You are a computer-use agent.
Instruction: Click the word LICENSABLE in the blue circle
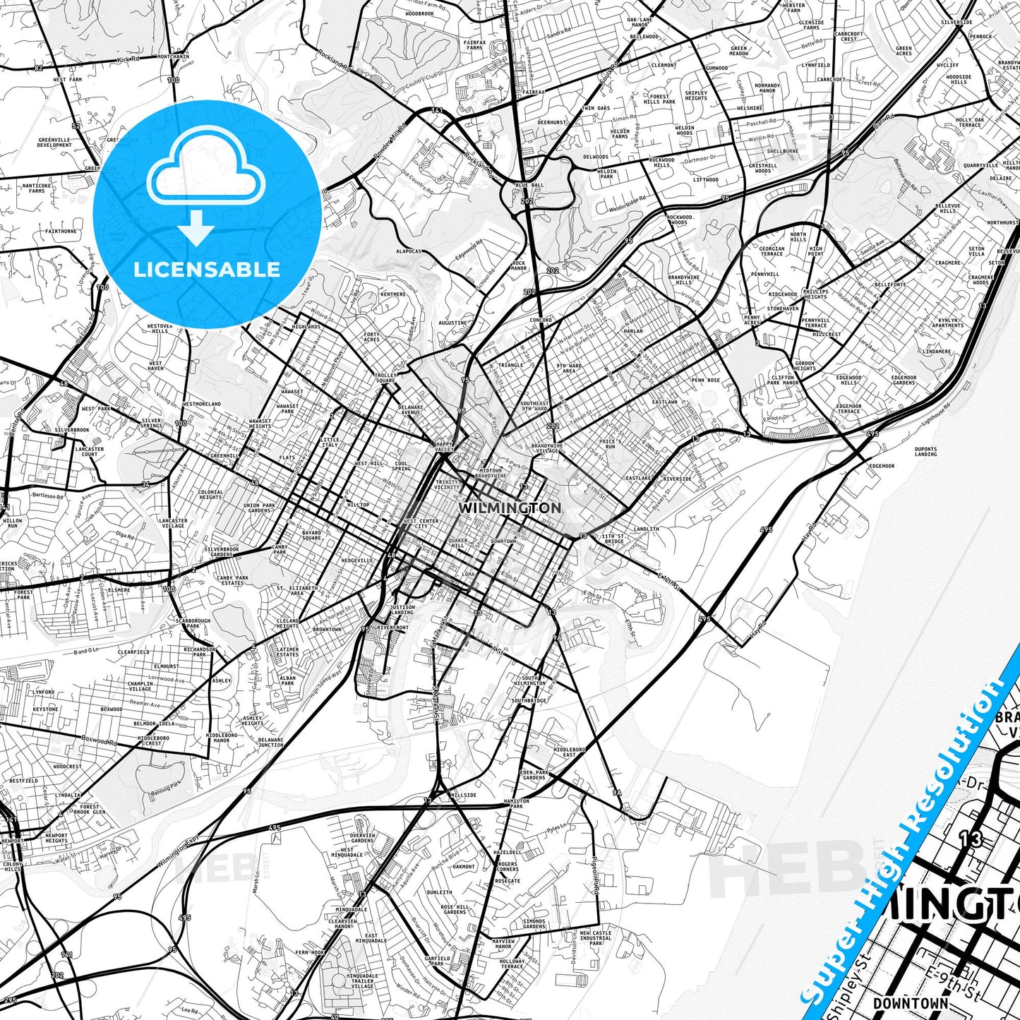tap(207, 270)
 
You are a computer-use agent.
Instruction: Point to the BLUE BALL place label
tap(529, 185)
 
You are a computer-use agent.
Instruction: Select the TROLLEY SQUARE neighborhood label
tap(385, 378)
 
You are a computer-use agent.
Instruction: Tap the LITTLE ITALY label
tap(330, 442)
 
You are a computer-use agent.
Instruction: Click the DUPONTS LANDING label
tap(925, 452)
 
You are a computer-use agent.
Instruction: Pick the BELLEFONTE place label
tap(890, 284)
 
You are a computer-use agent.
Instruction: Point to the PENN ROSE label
tap(705, 380)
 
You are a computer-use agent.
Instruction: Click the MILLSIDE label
tap(464, 795)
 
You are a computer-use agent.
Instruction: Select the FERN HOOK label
tap(309, 952)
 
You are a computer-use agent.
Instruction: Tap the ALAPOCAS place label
tap(409, 251)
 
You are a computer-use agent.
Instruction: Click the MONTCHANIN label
tap(173, 56)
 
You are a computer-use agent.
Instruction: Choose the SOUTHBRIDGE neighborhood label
tap(529, 701)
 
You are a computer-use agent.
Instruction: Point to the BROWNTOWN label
tap(327, 630)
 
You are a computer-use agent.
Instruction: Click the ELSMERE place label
tap(119, 590)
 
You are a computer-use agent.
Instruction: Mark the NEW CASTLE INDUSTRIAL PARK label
tap(596, 937)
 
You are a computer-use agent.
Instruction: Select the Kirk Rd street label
tap(127, 61)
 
